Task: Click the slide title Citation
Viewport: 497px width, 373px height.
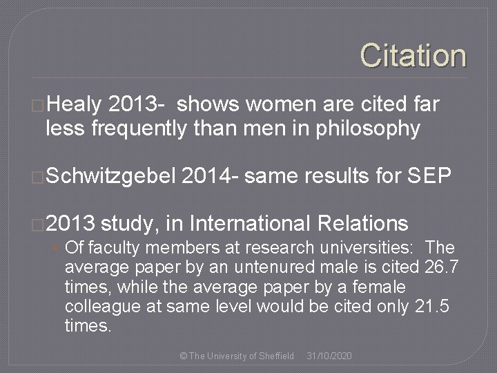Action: pyautogui.click(x=413, y=56)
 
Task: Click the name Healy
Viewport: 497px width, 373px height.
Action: pyautogui.click(x=75, y=104)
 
